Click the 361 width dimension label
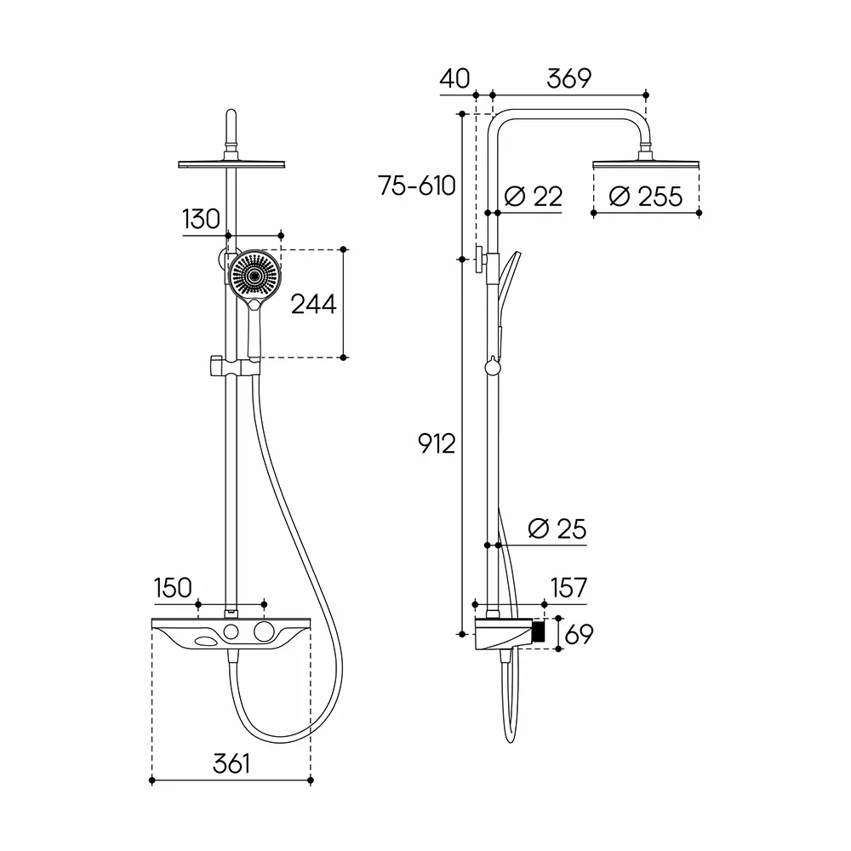click(x=231, y=763)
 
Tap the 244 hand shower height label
click(x=314, y=304)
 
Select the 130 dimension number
click(x=202, y=220)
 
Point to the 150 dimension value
click(x=173, y=588)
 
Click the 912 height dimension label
click(x=437, y=444)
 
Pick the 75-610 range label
click(x=417, y=186)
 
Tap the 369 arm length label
click(x=568, y=78)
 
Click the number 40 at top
click(x=454, y=78)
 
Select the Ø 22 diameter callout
click(x=534, y=196)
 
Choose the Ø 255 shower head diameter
click(x=645, y=196)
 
